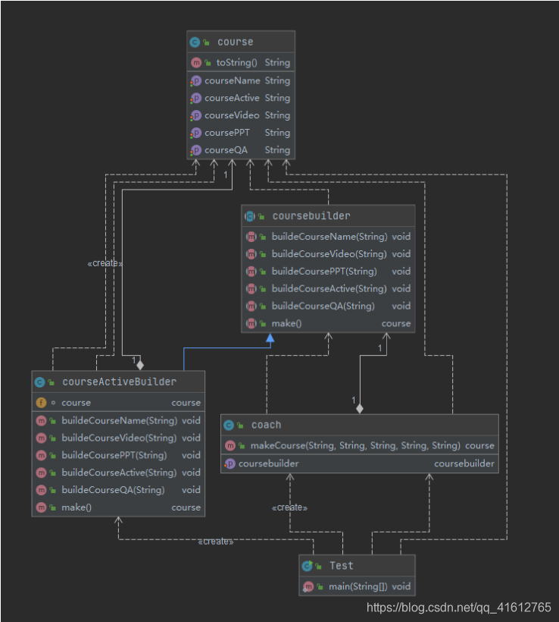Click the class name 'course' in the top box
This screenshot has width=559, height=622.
(235, 42)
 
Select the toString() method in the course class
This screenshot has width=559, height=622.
(236, 63)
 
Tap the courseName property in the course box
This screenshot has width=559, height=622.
(232, 80)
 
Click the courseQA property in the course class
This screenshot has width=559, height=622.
(226, 150)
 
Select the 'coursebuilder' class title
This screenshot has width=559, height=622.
(311, 216)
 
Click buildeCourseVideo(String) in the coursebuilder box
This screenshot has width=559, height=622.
(329, 254)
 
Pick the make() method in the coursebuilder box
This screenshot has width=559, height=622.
(286, 324)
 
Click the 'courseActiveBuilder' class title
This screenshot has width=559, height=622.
(119, 382)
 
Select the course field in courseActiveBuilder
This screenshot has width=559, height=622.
(76, 403)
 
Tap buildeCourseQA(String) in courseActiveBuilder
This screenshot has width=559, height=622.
(113, 490)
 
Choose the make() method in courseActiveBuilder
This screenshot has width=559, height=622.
(77, 507)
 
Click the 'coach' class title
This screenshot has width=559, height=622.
(266, 426)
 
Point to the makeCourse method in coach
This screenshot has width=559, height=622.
(355, 446)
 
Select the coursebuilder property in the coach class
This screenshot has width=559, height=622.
(268, 463)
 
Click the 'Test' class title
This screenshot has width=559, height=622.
(341, 566)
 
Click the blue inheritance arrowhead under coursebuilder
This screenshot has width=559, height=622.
(270, 338)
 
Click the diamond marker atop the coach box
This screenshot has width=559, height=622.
(360, 409)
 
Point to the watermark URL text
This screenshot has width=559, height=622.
(459, 608)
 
